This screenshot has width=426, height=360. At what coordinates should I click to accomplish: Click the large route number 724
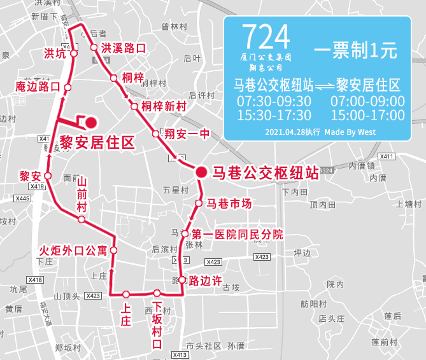point(266,38)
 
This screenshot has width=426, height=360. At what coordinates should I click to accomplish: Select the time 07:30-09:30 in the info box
point(274,101)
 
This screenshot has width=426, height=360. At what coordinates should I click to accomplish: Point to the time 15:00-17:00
point(367,115)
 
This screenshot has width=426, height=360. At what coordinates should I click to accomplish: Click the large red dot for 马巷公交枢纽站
point(201,171)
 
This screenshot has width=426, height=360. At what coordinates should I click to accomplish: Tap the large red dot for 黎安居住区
point(90,121)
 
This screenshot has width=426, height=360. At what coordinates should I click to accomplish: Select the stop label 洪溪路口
point(124,48)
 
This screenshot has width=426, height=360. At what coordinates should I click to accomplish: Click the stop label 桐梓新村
point(164,106)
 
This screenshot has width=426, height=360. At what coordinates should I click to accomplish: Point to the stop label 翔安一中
point(187,134)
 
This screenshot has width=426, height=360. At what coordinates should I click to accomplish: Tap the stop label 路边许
point(205,280)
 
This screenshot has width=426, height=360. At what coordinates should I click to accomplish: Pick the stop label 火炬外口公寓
point(73,250)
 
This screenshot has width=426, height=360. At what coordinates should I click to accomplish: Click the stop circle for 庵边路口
point(67,87)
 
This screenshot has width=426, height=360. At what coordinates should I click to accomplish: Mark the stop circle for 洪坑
point(74,53)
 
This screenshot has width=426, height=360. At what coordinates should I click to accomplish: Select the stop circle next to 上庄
point(126,294)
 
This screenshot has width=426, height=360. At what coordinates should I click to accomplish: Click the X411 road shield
point(387,156)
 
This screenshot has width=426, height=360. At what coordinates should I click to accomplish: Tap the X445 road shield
point(22,198)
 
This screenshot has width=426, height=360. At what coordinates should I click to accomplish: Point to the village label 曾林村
point(173,27)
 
